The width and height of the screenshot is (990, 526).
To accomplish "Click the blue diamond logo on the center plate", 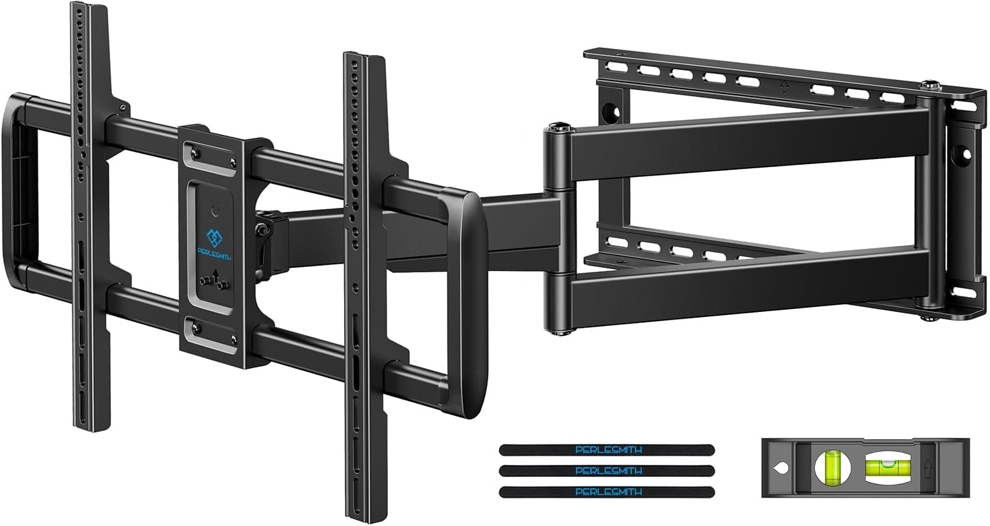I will (214, 238).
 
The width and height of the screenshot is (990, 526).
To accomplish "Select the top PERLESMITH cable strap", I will (607, 450).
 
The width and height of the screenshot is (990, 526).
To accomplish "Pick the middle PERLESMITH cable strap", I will (607, 470).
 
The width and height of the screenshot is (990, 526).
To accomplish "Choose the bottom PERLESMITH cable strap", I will (607, 491).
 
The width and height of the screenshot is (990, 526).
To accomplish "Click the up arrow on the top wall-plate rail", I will (784, 87).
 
